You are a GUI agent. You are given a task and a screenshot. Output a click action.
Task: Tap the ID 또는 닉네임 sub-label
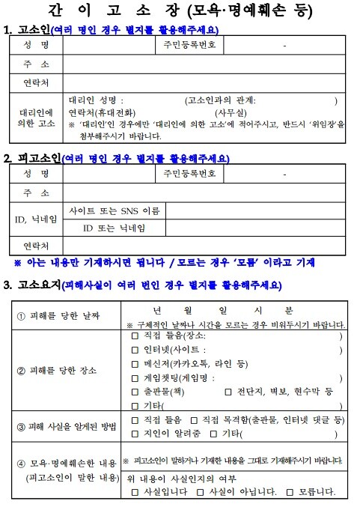pos(114,227)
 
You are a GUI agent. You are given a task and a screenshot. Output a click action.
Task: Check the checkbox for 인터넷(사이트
pos(135,350)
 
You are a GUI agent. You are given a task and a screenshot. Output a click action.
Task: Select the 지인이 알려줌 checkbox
pos(135,434)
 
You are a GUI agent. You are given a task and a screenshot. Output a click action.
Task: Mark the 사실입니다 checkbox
pos(135,492)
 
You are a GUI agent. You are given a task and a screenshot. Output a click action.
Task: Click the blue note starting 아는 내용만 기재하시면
pos(165,263)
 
